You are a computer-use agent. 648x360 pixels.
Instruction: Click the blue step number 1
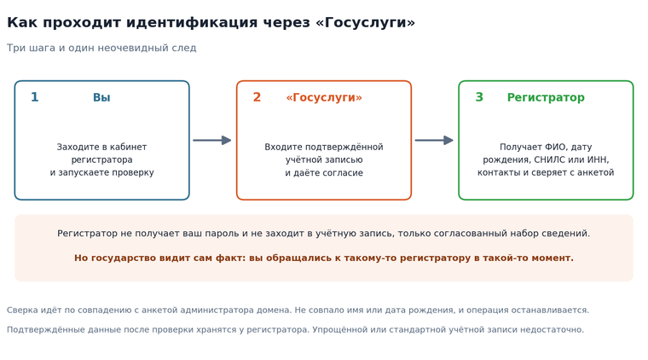(35, 97)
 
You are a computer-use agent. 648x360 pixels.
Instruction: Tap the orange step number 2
(257, 97)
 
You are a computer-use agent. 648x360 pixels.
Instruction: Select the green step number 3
(479, 97)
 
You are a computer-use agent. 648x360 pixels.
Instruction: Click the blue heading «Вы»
(101, 97)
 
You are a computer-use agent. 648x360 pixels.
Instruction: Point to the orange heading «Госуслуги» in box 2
(324, 97)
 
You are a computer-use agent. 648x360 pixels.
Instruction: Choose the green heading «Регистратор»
(546, 97)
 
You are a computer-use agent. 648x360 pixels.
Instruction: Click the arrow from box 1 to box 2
(212, 141)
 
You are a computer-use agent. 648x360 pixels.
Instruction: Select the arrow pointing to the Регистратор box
(434, 141)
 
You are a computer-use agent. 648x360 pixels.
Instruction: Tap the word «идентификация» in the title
(192, 22)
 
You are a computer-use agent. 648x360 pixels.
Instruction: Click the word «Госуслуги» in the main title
(365, 22)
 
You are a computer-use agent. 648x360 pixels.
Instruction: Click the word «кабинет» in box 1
(129, 147)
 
